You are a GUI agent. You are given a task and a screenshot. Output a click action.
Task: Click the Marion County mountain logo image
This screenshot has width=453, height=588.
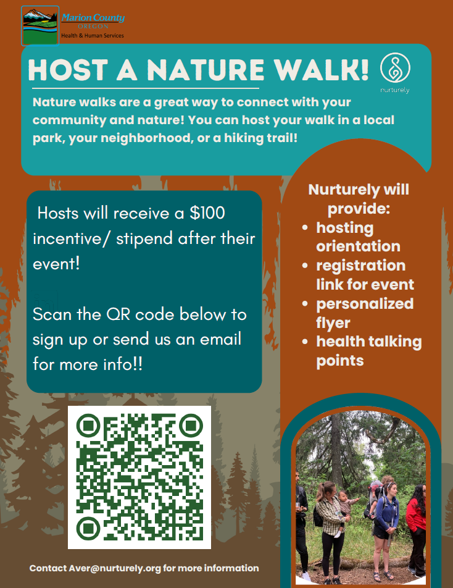(x=40, y=25)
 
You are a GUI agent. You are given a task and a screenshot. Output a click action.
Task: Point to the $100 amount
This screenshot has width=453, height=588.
(x=207, y=214)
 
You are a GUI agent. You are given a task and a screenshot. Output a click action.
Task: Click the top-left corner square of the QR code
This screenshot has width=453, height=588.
(x=88, y=426)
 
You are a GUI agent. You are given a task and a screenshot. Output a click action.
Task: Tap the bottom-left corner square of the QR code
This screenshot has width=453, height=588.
(x=88, y=528)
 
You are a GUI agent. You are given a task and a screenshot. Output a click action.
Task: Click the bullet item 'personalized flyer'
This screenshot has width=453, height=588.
(x=364, y=313)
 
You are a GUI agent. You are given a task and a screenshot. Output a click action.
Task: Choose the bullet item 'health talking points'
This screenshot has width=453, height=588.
(x=368, y=351)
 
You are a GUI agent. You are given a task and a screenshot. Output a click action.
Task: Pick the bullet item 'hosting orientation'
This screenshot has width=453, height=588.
(x=358, y=237)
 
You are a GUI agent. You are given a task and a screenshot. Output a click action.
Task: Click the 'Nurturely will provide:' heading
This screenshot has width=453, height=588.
(x=359, y=199)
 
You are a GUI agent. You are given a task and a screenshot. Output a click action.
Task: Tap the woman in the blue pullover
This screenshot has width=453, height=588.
(x=388, y=513)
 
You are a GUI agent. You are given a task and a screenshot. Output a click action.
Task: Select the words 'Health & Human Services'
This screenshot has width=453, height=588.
(x=92, y=36)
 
